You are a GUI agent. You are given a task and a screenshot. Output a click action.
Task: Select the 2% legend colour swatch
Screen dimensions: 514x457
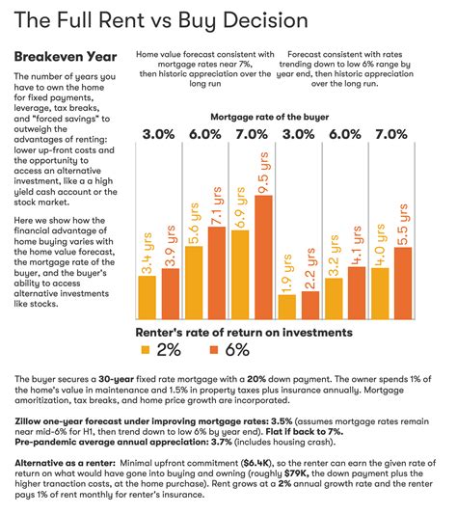[146, 349]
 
